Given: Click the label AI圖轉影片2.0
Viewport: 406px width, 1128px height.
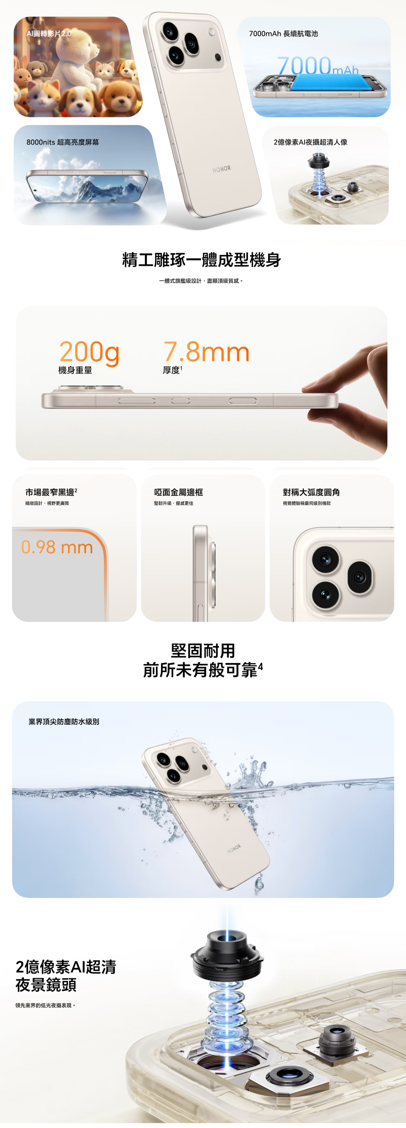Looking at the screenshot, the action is [48, 34].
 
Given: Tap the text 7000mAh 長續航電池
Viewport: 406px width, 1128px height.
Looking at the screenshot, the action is [283, 34].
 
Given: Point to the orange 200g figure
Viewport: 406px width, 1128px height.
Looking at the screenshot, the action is [89, 352].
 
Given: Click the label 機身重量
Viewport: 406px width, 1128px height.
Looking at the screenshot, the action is [75, 370].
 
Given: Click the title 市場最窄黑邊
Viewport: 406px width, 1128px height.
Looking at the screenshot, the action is [50, 492].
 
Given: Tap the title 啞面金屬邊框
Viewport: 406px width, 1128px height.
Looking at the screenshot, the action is [178, 492].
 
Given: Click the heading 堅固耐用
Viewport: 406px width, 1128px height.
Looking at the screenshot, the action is [203, 651].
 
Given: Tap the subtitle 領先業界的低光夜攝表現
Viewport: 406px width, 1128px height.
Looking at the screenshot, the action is [45, 1005].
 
